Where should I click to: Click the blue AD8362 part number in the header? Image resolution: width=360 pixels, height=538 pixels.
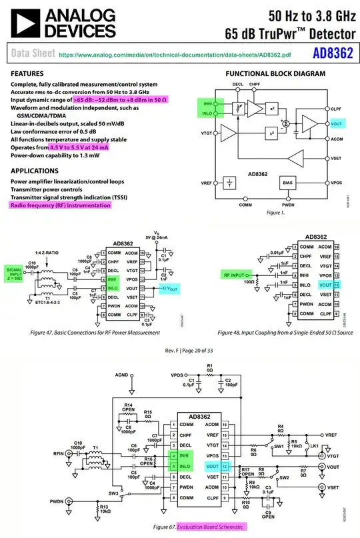(x=333, y=53)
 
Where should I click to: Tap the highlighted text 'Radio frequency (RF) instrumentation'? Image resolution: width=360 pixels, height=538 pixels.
(x=60, y=205)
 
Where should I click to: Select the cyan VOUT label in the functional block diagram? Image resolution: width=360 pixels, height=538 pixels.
(x=335, y=124)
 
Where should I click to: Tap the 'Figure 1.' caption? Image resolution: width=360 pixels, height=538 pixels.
(x=275, y=212)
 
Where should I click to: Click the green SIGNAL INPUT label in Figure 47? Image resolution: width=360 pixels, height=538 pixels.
(x=15, y=271)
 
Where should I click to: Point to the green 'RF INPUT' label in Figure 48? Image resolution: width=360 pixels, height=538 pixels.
(x=235, y=275)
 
